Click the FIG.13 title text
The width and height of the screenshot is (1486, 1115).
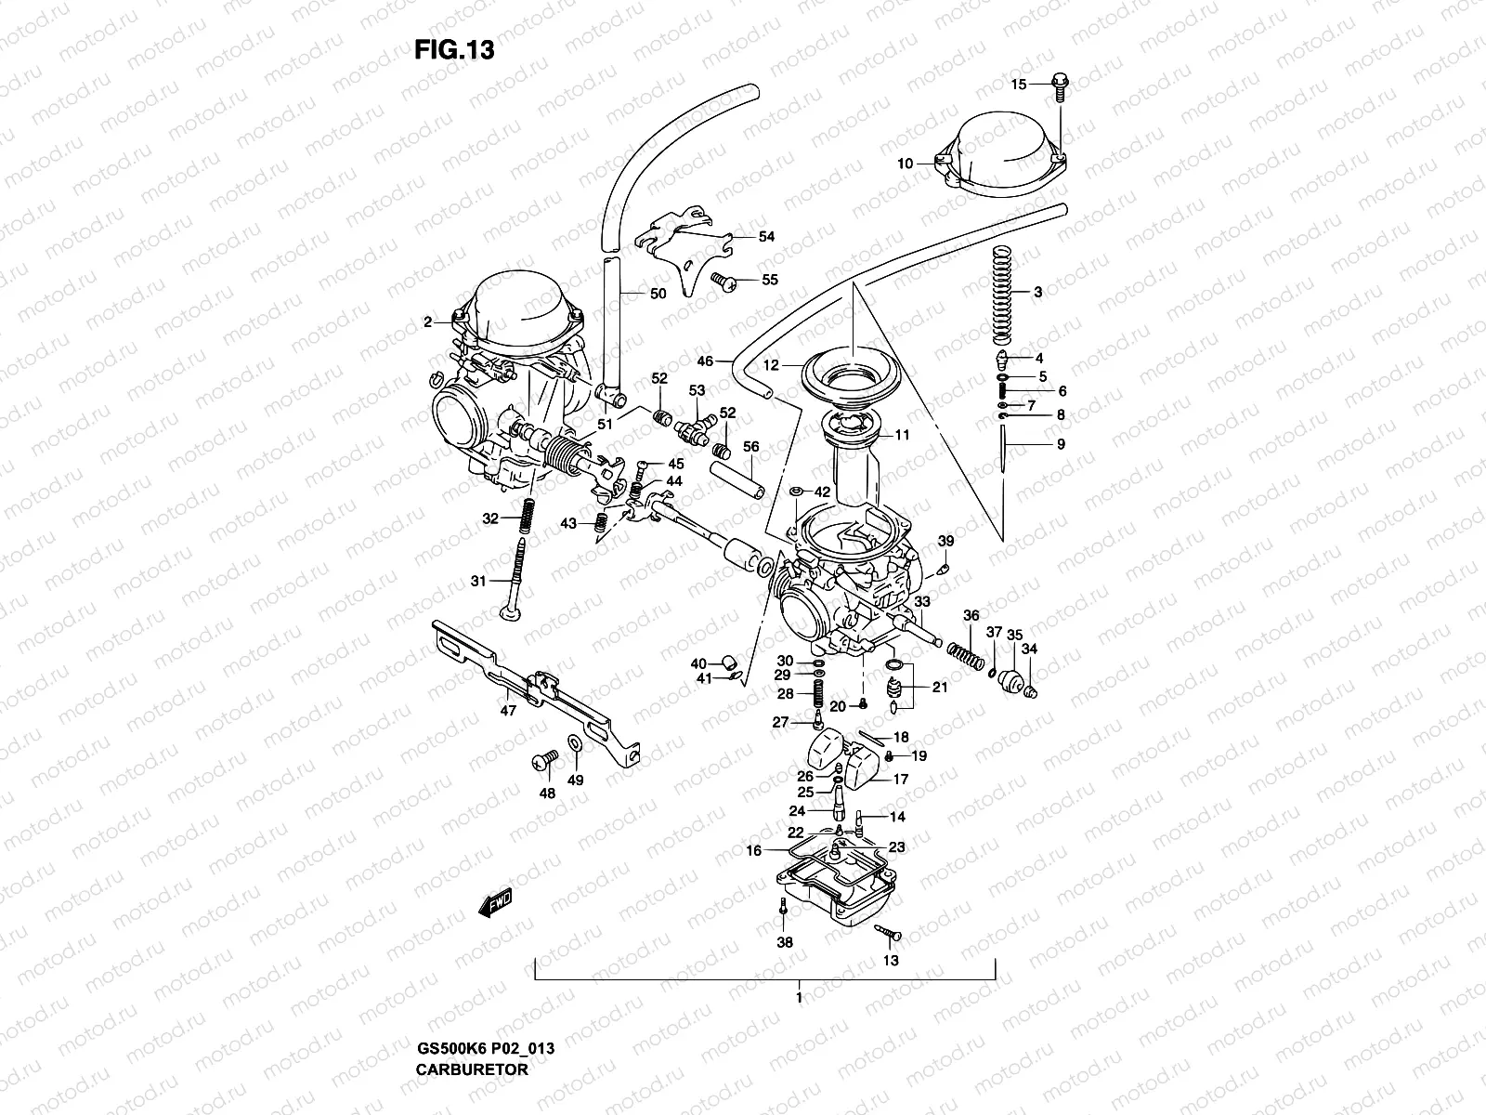click(454, 50)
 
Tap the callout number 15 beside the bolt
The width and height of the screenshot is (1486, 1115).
click(1019, 85)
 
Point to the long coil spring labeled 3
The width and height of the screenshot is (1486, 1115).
click(1001, 293)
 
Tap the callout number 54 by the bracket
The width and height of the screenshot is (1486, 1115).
click(766, 237)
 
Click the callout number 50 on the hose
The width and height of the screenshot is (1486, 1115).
click(658, 295)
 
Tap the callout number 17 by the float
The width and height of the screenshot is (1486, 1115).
click(901, 780)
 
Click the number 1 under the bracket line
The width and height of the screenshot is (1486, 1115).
click(798, 998)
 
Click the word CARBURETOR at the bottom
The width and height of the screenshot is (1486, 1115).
click(472, 1069)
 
